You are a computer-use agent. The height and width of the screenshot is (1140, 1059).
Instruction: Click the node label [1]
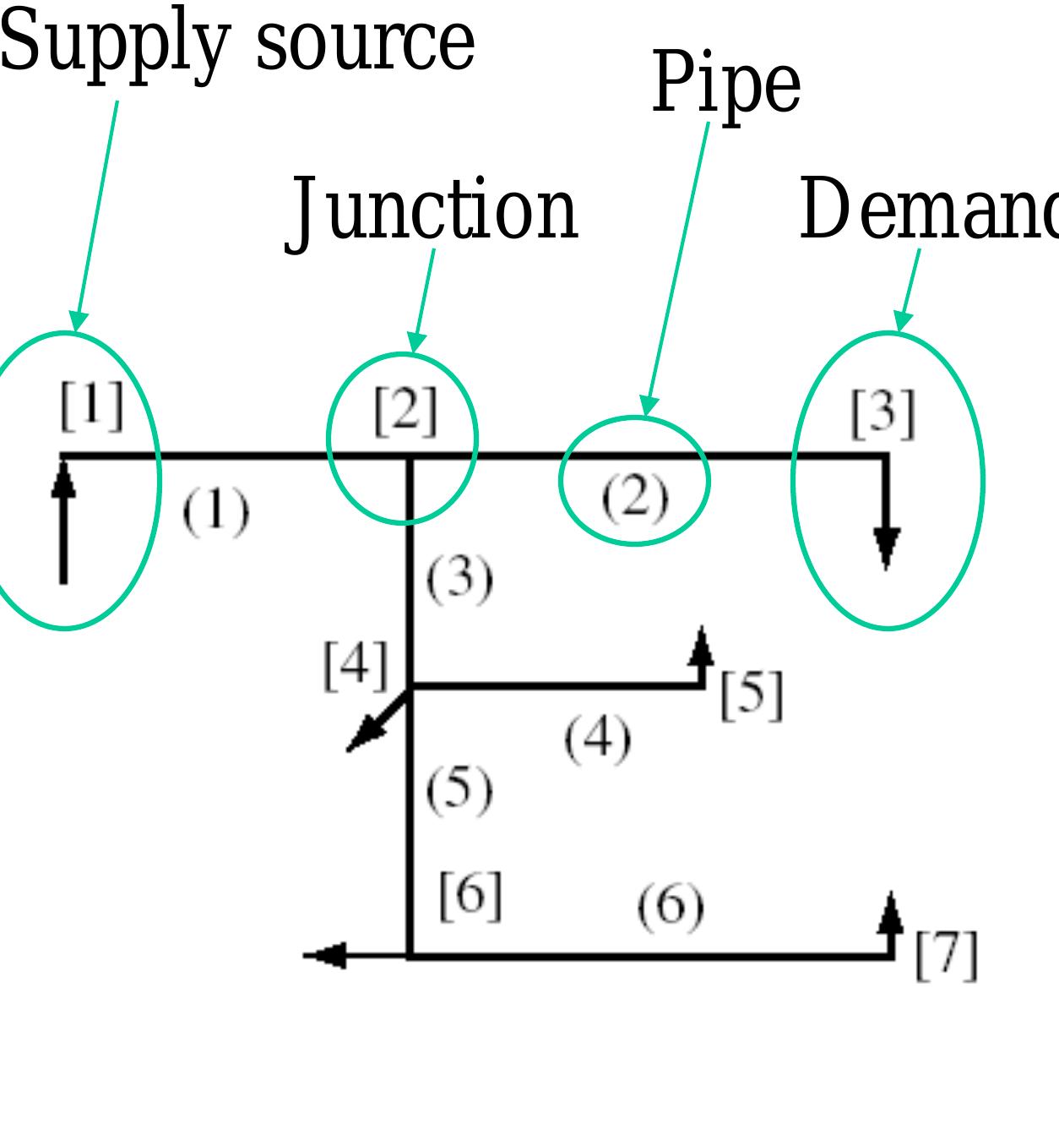92,406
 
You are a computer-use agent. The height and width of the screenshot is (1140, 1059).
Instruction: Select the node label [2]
406,411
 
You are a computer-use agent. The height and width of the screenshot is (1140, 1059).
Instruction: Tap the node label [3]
882,413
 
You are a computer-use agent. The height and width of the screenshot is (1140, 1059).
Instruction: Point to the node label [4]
356,665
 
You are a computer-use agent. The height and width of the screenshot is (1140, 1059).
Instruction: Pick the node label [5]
752,695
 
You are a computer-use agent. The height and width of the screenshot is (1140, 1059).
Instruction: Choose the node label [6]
470,895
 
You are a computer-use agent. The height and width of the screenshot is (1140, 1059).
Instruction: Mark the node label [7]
946,955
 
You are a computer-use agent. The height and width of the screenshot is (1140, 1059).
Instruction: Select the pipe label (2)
635,497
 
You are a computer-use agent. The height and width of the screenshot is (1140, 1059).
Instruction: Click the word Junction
433,210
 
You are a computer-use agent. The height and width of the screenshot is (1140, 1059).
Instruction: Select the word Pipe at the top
726,83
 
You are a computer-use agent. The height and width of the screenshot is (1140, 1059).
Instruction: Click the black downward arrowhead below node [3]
886,547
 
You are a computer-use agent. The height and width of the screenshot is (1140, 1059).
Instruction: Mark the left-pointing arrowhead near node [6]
325,955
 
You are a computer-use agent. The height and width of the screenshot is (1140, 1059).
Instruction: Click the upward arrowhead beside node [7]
891,913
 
